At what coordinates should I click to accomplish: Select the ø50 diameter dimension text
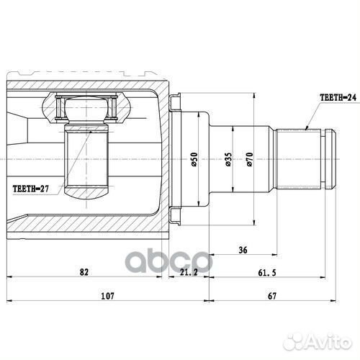point(194,160)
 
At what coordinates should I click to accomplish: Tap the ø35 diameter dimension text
point(228,160)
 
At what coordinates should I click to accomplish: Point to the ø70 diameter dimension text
point(250,160)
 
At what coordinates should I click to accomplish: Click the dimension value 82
point(85,271)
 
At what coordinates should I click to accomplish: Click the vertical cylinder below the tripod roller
point(85,158)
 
